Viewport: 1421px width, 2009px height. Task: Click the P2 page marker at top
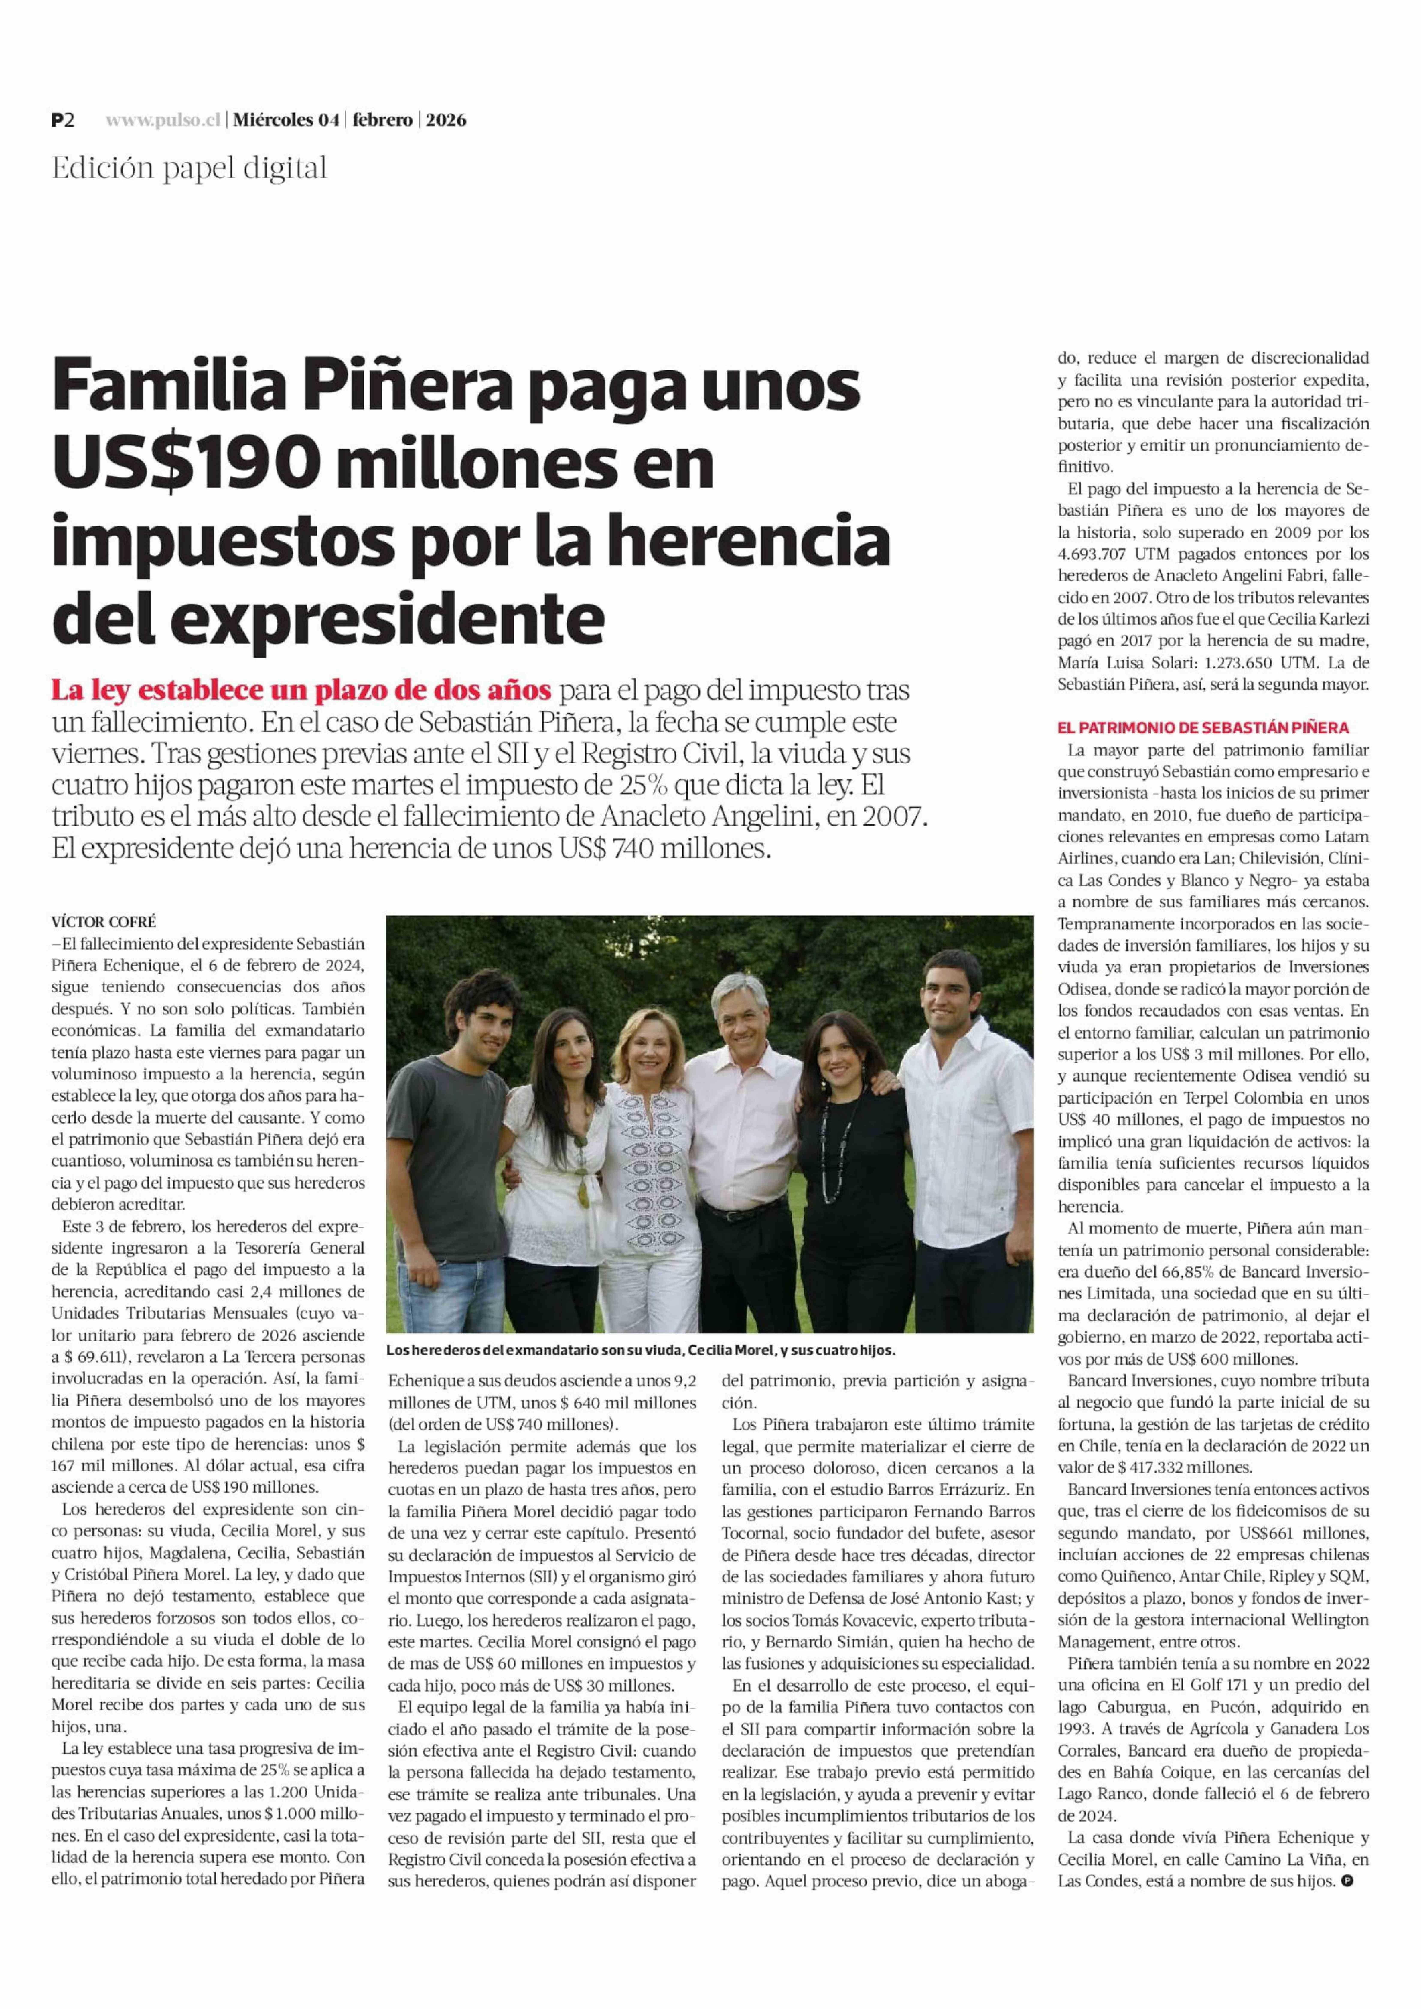click(x=62, y=121)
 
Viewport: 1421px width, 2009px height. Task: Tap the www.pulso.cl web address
click(x=162, y=121)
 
